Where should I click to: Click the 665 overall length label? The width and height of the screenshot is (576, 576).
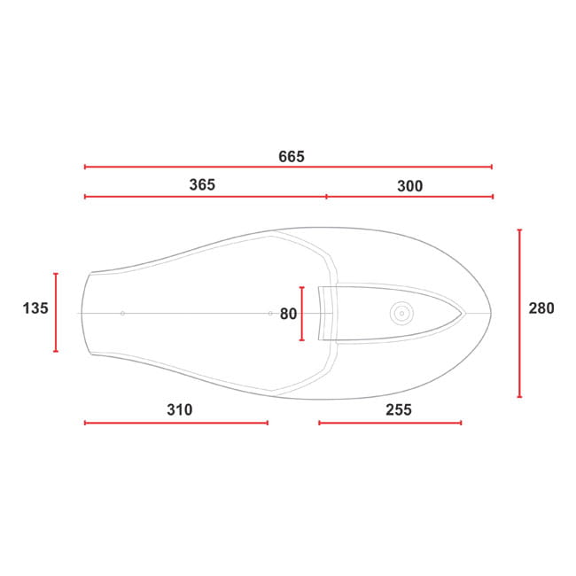(292, 157)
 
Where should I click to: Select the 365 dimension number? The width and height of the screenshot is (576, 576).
(202, 185)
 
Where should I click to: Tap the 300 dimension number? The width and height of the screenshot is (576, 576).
(409, 186)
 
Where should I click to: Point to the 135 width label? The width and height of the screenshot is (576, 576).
(35, 308)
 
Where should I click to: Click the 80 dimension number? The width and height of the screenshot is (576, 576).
(288, 314)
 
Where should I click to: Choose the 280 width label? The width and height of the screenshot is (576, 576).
(541, 308)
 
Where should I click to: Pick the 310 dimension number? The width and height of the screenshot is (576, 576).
(180, 409)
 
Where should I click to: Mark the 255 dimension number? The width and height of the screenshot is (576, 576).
(399, 409)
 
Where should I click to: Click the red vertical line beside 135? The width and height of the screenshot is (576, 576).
(56, 313)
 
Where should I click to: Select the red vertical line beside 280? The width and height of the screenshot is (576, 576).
(519, 314)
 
